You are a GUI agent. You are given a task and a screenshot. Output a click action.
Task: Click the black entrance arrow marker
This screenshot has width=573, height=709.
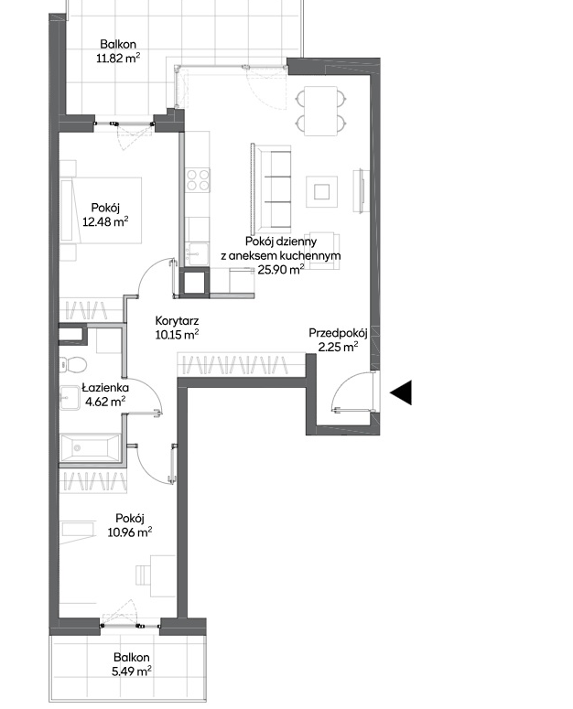pyautogui.click(x=401, y=392)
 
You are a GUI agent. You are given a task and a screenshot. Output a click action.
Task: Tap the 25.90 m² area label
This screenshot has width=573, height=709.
pyautogui.click(x=280, y=270)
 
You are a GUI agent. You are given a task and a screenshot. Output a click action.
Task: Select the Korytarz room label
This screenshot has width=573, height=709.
pyautogui.click(x=177, y=321)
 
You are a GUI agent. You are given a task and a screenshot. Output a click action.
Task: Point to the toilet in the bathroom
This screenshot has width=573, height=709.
pyautogui.click(x=73, y=364)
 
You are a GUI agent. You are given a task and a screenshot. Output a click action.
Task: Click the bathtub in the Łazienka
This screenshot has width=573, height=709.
pyautogui.click(x=90, y=447)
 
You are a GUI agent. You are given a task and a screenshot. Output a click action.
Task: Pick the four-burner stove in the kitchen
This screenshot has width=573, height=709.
pyautogui.click(x=198, y=179)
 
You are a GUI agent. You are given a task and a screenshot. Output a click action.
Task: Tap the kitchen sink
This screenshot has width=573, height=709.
pyautogui.click(x=198, y=254)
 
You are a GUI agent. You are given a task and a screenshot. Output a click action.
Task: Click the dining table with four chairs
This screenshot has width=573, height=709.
pyautogui.click(x=321, y=111)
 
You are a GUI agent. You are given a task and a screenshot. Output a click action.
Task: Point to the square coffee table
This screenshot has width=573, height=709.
pyautogui.click(x=322, y=192)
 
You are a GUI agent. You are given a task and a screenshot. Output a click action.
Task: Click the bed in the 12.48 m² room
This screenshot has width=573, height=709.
pyautogui.click(x=102, y=210)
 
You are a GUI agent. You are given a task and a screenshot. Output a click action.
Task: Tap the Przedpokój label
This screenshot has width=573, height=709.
pyautogui.click(x=338, y=333)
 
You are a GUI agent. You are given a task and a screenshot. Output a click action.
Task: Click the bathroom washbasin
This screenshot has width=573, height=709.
pyautogui.click(x=70, y=396)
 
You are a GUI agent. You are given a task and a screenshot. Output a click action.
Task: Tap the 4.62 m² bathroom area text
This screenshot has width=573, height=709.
pyautogui.click(x=105, y=402)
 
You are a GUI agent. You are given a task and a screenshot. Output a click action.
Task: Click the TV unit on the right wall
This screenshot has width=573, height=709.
pyautogui.click(x=362, y=190)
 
